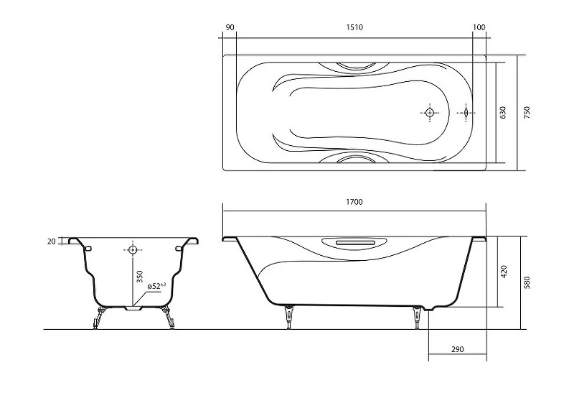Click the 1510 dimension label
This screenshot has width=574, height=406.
354,27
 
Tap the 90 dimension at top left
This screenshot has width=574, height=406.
230,27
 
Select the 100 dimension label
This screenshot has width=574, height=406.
479,27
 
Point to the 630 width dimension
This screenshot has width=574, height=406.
503,112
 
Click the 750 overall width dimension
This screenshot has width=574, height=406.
527,112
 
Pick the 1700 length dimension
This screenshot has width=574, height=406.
354,202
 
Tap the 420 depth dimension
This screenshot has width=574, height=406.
504,272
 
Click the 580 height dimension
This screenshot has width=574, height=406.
527,282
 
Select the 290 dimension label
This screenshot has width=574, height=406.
457,349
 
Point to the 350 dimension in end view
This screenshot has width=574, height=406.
139,277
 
